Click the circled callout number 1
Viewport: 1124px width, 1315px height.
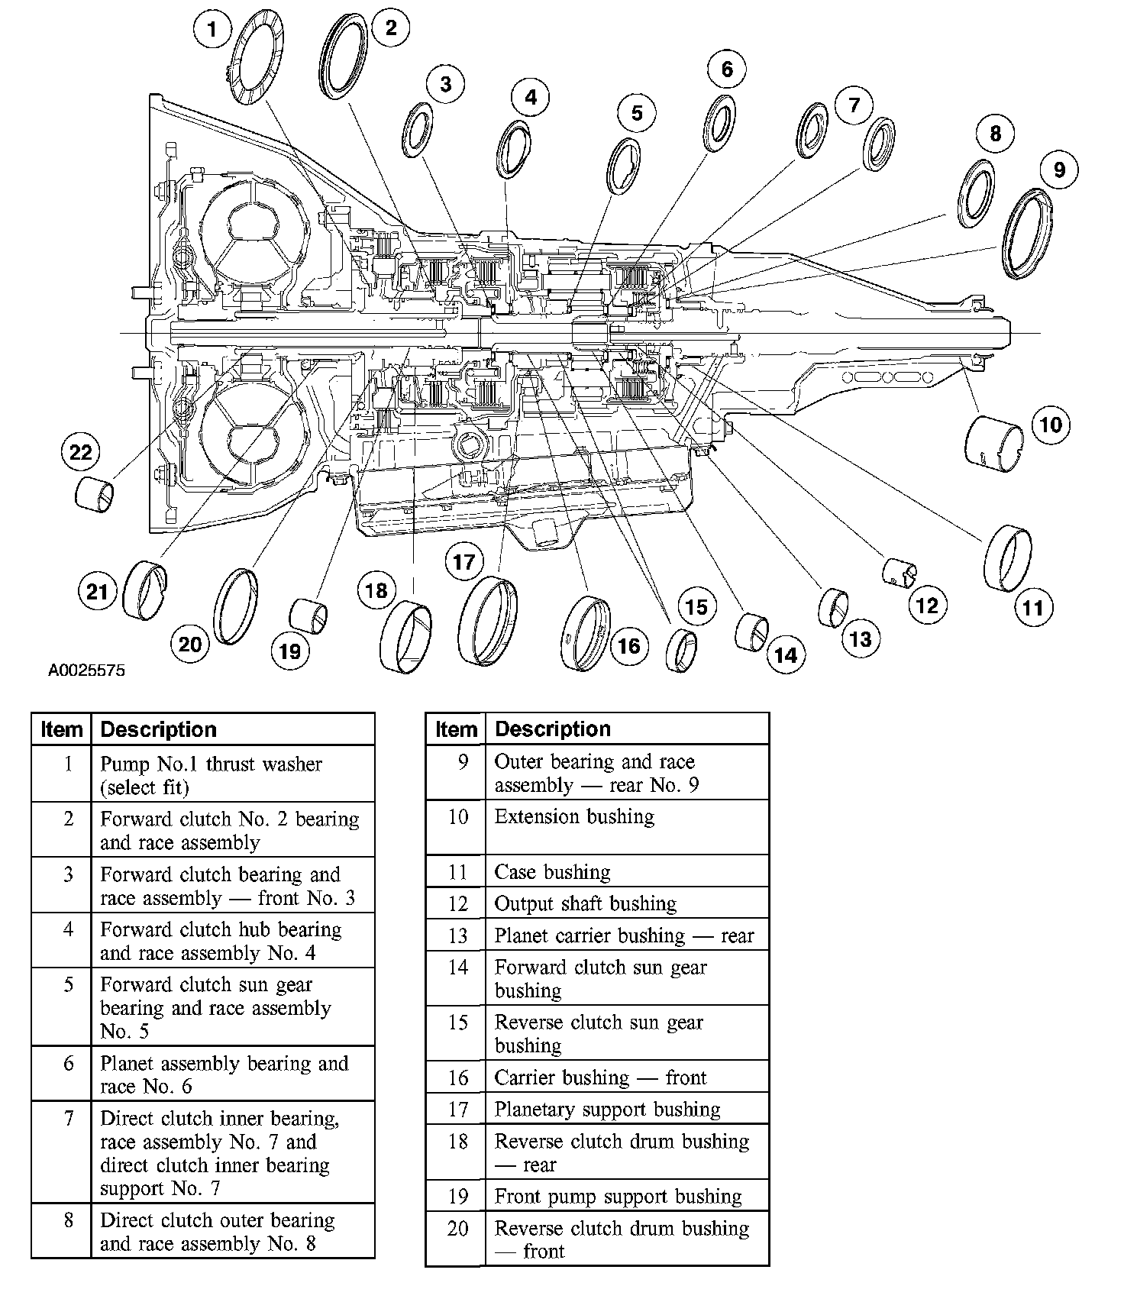[x=212, y=30]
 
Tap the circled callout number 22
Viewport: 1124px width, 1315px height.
[x=80, y=453]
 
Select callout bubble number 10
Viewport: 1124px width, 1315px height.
[x=1051, y=425]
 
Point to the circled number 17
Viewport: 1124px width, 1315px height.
[x=464, y=563]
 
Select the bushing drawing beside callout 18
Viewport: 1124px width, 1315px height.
[x=405, y=636]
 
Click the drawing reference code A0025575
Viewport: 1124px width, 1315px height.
[x=87, y=671]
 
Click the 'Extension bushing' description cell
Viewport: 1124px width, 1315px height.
[x=574, y=817]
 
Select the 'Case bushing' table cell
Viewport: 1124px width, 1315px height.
[x=552, y=872]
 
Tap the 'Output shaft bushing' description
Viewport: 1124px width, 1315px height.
[x=585, y=904]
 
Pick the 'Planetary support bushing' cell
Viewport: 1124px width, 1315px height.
[x=607, y=1110]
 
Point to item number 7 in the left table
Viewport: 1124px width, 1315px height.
[x=69, y=1120]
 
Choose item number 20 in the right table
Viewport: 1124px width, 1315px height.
[x=457, y=1229]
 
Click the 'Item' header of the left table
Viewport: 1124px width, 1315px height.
[x=61, y=730]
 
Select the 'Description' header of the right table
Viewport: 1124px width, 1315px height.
[x=553, y=729]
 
